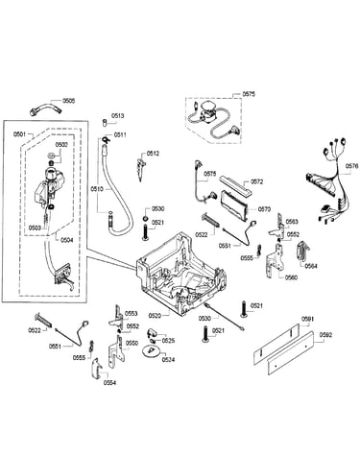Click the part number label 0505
coord(68,101)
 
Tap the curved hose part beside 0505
coord(45,109)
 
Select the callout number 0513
coord(118,116)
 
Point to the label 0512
coord(153,154)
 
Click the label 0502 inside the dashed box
coord(61,145)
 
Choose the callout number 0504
coord(66,240)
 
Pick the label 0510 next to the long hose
coord(97,189)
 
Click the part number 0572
coord(256,181)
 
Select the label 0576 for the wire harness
coord(352,166)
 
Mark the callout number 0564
coord(311,266)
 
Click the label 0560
coord(291,277)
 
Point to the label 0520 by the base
coord(155,316)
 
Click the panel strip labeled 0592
coord(290,353)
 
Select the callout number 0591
coord(308,319)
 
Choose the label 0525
coord(168,341)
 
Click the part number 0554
coord(109,382)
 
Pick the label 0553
coord(131,314)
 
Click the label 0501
coord(19,134)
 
